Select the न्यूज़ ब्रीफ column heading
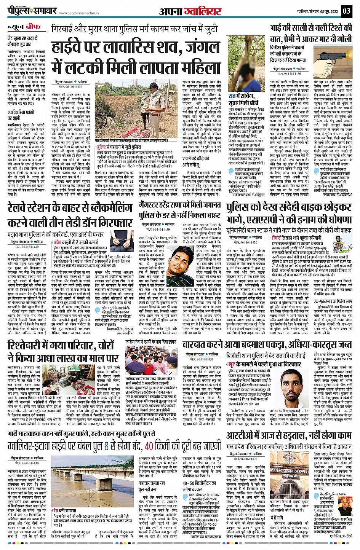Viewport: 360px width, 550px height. pyautogui.click(x=24, y=27)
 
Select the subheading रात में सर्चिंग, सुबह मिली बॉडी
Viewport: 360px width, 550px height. pyautogui.click(x=244, y=99)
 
